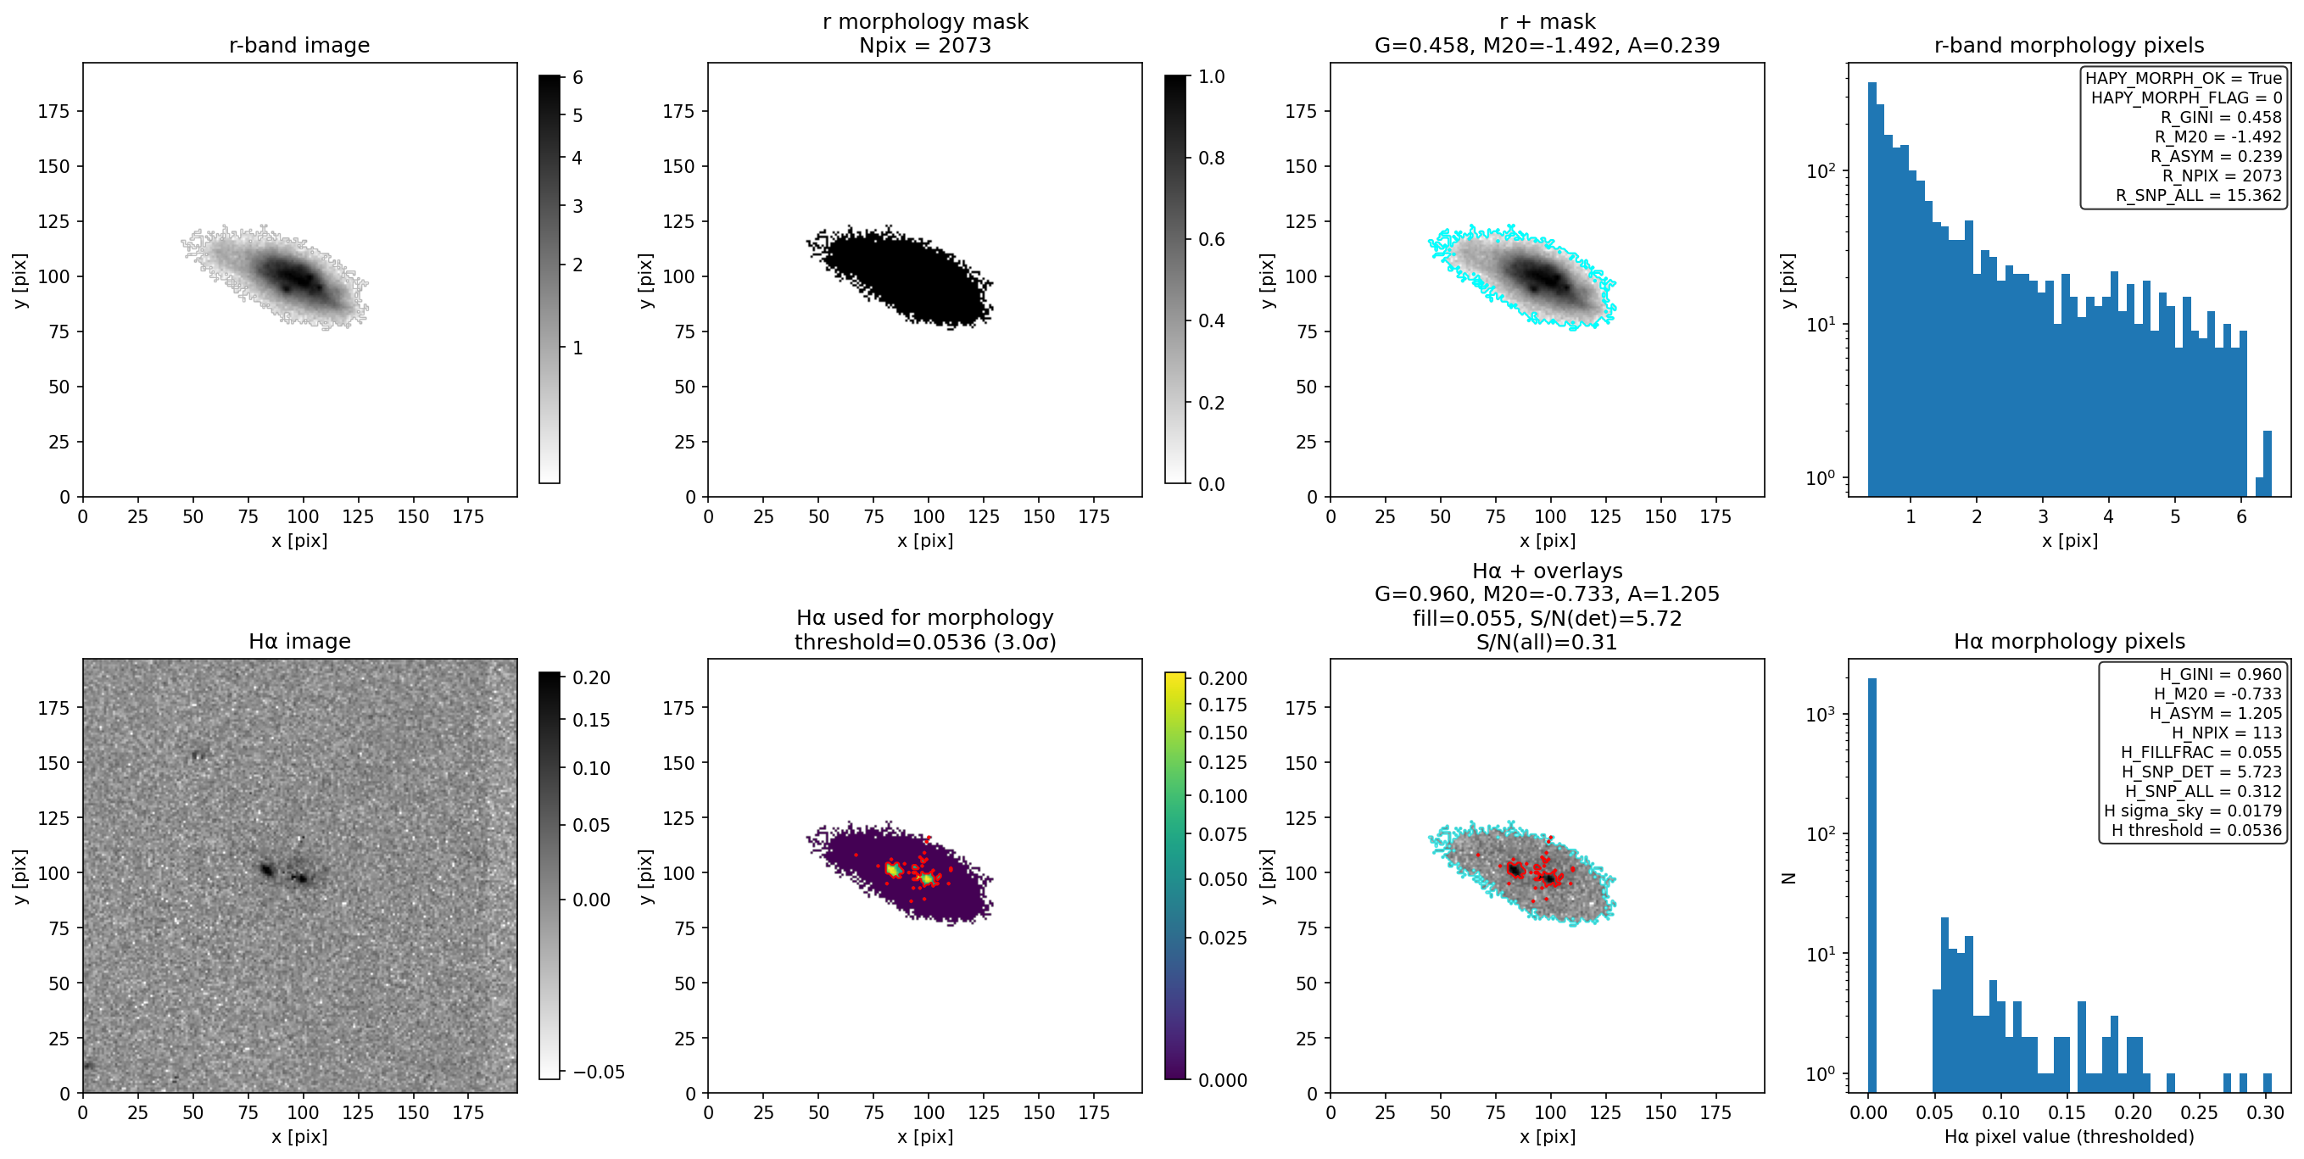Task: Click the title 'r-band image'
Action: (298, 45)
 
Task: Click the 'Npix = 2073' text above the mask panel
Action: (925, 45)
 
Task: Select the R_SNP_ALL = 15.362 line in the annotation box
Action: (2199, 195)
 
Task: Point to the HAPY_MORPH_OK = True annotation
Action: (2184, 78)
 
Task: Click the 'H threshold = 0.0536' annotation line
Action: (2196, 830)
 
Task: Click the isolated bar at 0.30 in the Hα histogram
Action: (2268, 1082)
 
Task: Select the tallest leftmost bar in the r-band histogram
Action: (1872, 289)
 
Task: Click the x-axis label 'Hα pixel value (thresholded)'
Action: (2069, 1136)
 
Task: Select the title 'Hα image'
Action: (298, 641)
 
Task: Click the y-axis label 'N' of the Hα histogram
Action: (1788, 878)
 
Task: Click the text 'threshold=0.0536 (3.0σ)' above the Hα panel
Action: (925, 641)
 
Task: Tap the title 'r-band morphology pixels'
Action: (2069, 45)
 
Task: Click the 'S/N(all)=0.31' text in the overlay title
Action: (1547, 641)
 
